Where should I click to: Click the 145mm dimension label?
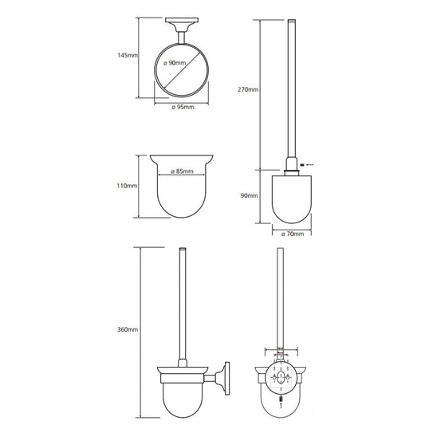click(x=128, y=55)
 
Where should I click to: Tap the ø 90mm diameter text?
click(x=175, y=63)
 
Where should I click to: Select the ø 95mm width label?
click(x=183, y=107)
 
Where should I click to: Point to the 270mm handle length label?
click(x=248, y=89)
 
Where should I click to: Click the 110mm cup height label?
click(x=127, y=186)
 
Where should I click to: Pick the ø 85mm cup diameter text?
click(x=182, y=171)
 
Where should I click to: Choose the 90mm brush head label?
click(x=249, y=195)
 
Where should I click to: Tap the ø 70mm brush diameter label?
click(x=293, y=234)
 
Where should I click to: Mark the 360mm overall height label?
click(x=128, y=329)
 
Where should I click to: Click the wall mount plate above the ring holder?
click(x=182, y=20)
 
